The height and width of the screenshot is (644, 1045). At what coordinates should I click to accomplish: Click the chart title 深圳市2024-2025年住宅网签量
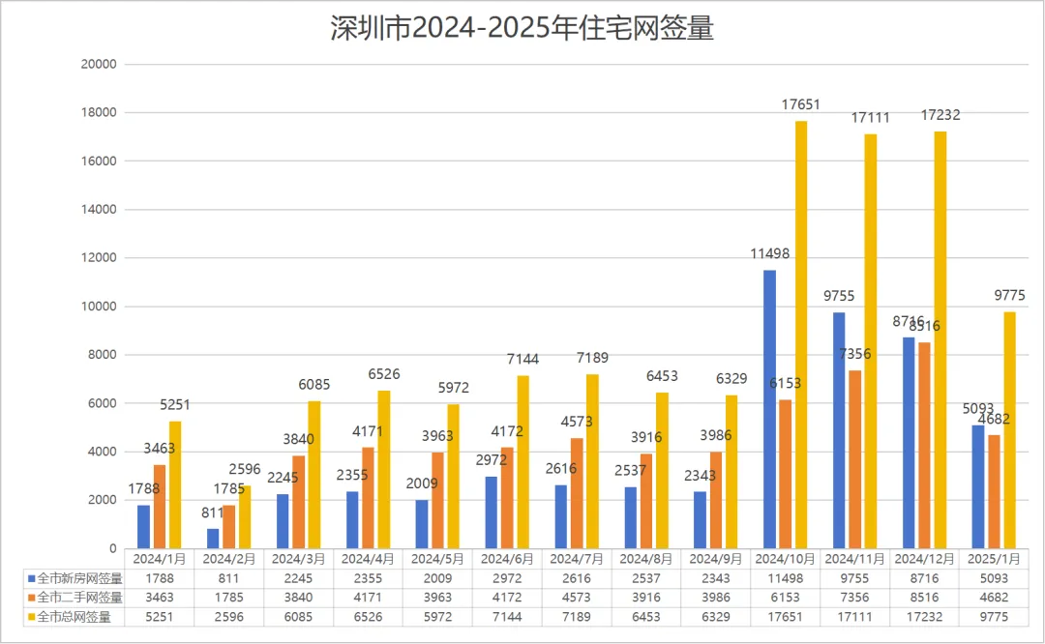pyautogui.click(x=522, y=28)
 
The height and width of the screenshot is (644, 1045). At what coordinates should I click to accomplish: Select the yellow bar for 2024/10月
pyautogui.click(x=801, y=335)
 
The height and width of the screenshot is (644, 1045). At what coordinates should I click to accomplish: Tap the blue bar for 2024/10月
pyautogui.click(x=769, y=409)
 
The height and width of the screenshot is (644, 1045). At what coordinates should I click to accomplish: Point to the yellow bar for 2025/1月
pyautogui.click(x=1010, y=429)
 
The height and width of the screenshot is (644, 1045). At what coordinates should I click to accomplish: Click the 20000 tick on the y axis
pyautogui.click(x=102, y=65)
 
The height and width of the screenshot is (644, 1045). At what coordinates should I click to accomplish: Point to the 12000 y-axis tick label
pyautogui.click(x=102, y=258)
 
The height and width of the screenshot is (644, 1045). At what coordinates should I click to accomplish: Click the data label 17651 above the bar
pyautogui.click(x=801, y=104)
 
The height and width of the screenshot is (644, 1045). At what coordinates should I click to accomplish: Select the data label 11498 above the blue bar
pyautogui.click(x=769, y=253)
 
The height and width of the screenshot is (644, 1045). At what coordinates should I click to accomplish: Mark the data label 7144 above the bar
pyautogui.click(x=522, y=359)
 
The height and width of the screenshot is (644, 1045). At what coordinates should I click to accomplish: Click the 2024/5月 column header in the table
pyautogui.click(x=437, y=559)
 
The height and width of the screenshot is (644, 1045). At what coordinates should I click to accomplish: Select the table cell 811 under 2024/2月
pyautogui.click(x=228, y=578)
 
